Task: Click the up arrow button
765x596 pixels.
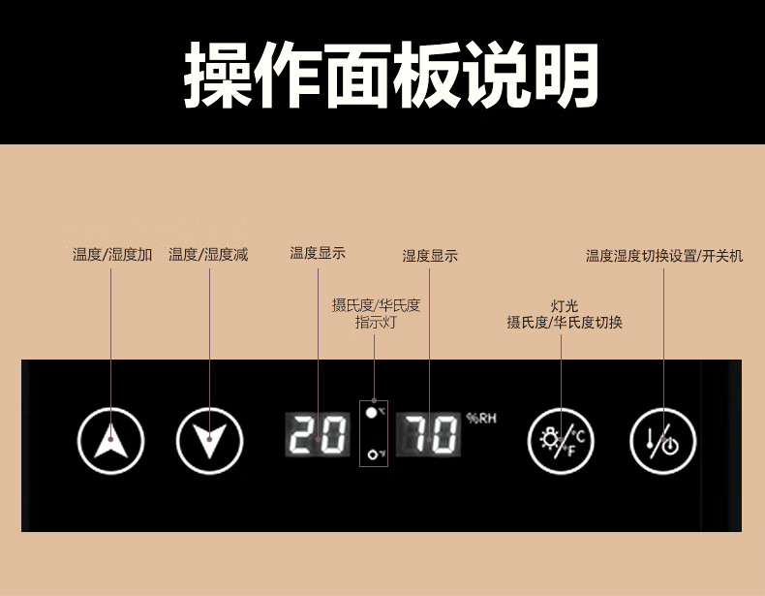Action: [x=111, y=441]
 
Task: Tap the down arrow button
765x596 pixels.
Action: [x=209, y=441]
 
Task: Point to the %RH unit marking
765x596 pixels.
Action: [x=480, y=419]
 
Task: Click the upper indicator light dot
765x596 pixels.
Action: [x=371, y=412]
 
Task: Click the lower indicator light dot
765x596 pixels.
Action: [x=371, y=453]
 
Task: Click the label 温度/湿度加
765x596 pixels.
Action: [x=112, y=255]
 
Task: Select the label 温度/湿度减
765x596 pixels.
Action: [x=208, y=255]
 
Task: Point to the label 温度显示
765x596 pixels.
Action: [x=318, y=253]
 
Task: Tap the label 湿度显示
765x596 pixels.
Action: [x=430, y=256]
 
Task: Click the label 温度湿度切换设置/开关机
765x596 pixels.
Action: [x=664, y=256]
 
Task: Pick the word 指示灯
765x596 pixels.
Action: [x=376, y=323]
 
